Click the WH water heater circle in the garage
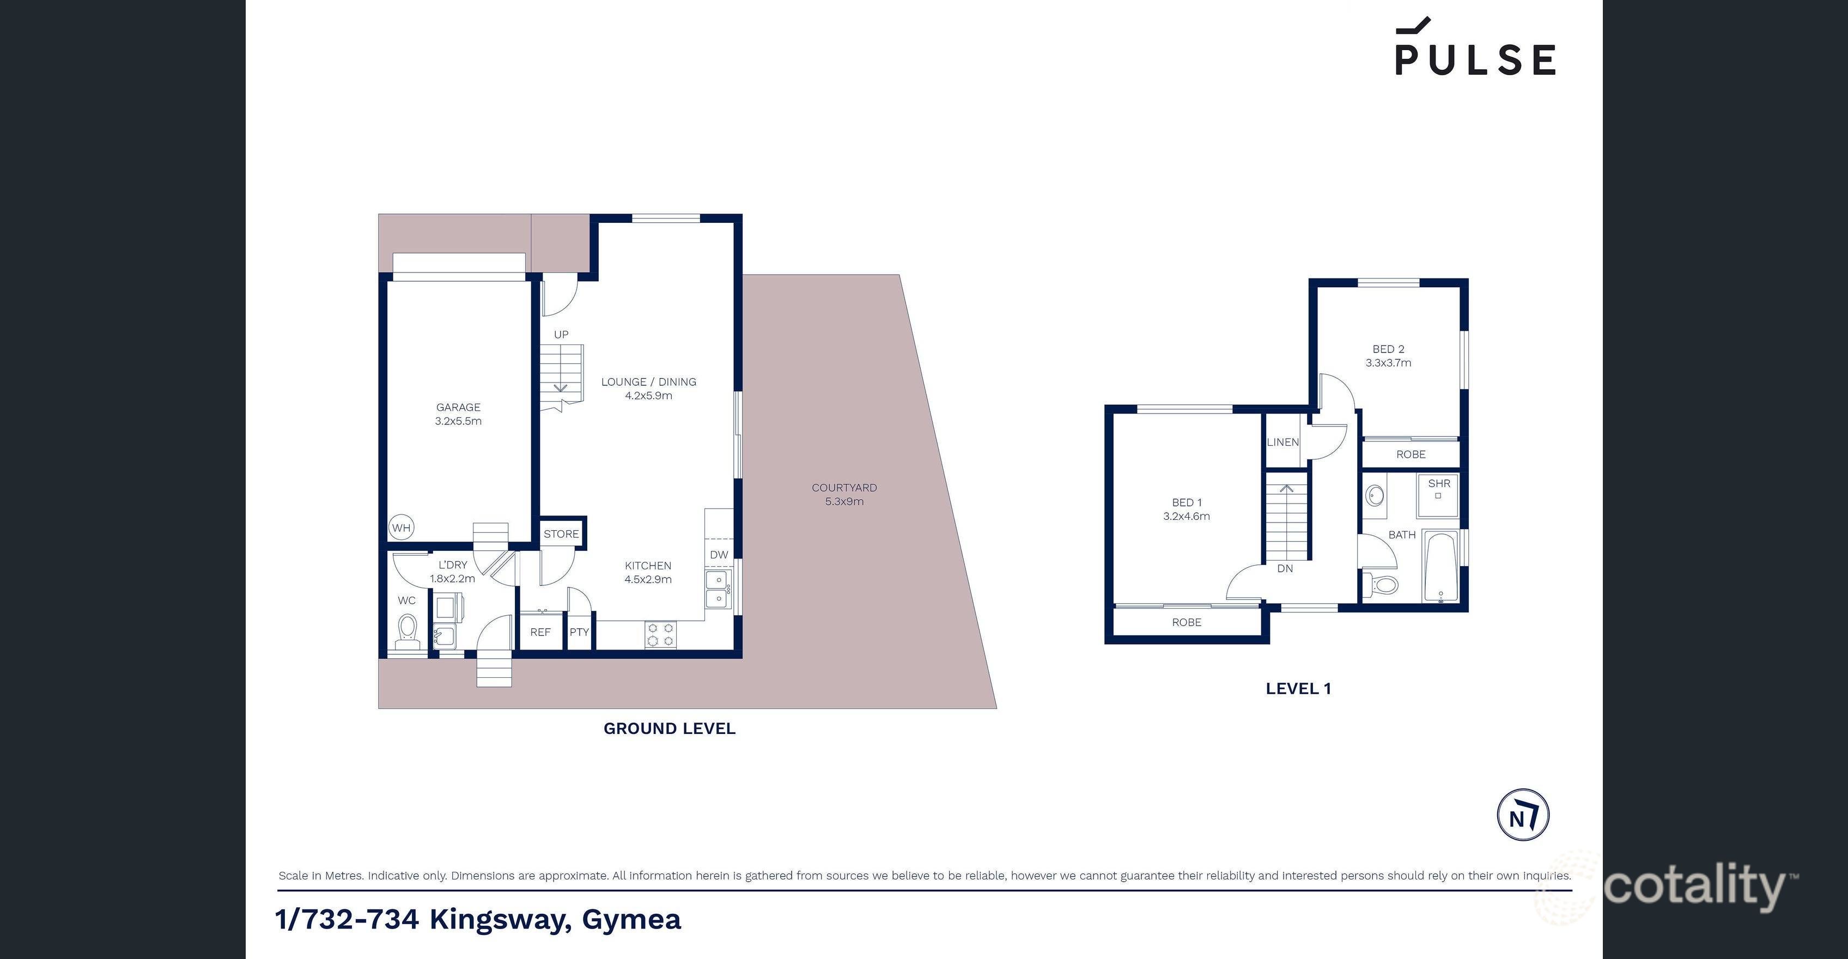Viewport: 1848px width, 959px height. pos(401,528)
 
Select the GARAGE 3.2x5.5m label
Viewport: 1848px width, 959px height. pos(458,414)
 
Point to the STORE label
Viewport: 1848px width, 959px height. pos(561,533)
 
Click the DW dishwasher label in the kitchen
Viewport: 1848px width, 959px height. pos(719,555)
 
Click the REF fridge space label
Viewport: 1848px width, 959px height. pos(540,632)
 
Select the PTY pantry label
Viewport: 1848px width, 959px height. pos(579,632)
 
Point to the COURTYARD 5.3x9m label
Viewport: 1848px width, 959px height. pos(844,494)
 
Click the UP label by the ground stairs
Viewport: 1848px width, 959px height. pos(561,334)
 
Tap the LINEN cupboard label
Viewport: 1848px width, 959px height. pos(1282,442)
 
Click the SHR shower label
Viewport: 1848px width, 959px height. pos(1439,483)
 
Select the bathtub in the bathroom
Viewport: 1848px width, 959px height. pos(1440,567)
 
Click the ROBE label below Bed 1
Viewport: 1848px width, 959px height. pos(1187,622)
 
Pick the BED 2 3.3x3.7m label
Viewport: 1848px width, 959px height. pos(1388,356)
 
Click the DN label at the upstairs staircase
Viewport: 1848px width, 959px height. pos(1285,568)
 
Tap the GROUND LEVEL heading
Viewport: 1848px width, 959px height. pos(670,728)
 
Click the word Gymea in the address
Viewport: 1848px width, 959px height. pos(631,919)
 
